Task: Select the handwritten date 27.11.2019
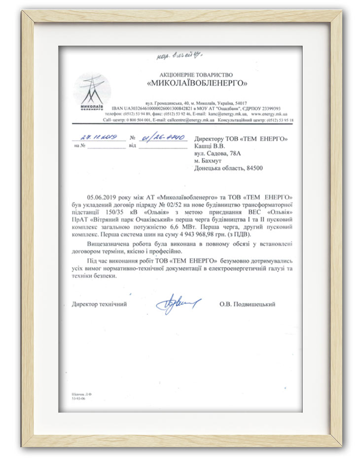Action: pos(97,138)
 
